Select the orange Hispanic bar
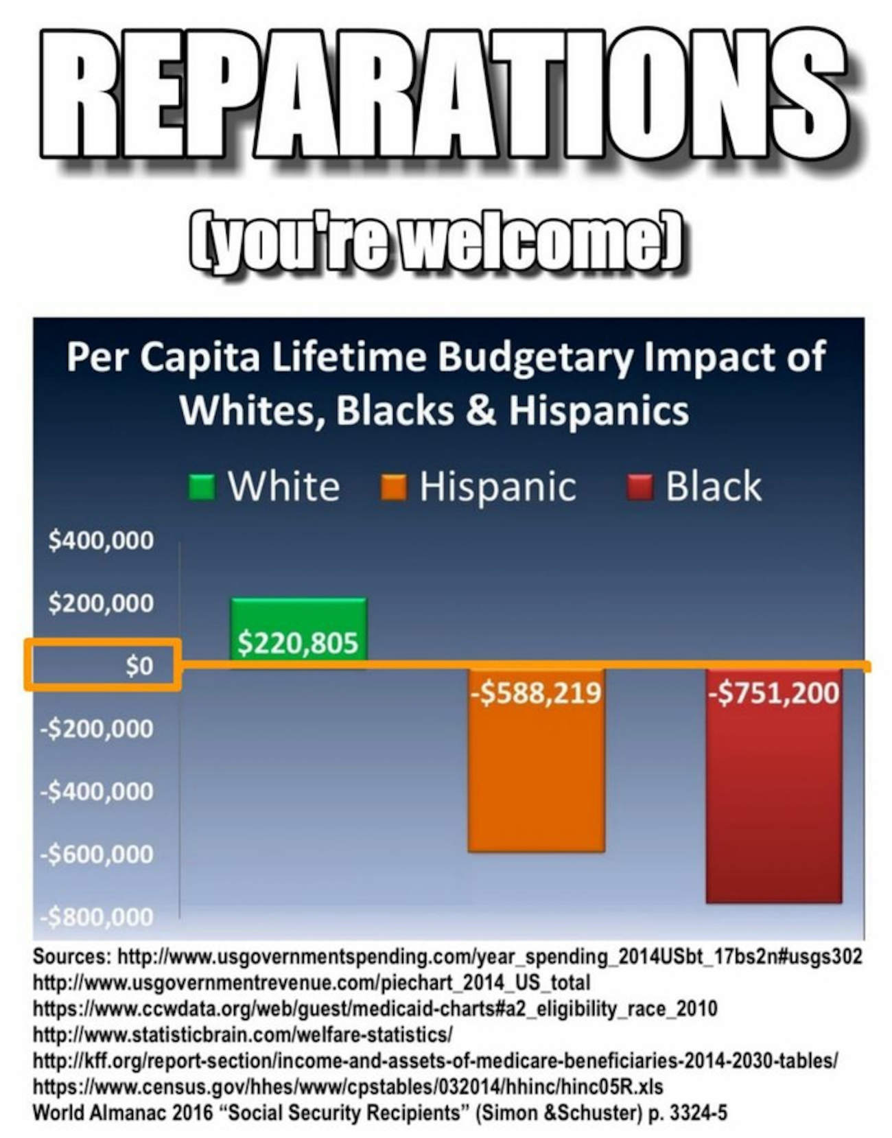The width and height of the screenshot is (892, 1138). [536, 776]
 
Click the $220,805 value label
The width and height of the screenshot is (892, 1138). [298, 643]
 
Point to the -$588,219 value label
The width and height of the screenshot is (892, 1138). [536, 693]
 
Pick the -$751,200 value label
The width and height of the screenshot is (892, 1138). [773, 693]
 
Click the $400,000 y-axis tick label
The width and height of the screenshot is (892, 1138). [101, 541]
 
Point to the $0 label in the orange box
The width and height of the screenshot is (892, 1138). [139, 666]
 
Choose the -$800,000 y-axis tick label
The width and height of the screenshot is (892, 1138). [97, 917]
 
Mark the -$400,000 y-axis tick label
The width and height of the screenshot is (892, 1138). [97, 791]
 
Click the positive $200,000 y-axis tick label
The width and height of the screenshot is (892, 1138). [101, 603]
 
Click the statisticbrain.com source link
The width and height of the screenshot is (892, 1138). [243, 1034]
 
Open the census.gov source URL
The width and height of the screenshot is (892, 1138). [348, 1087]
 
